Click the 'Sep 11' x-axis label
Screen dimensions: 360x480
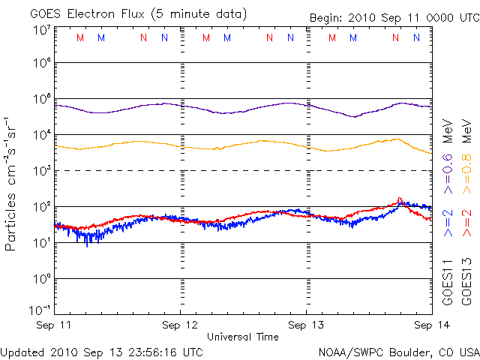55,325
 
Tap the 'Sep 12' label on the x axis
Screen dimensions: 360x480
181,325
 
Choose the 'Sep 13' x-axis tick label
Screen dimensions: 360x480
306,325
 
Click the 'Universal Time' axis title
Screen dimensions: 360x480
243,337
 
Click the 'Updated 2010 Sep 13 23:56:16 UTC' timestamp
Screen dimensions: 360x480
101,351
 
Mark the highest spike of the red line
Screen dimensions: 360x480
400,198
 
